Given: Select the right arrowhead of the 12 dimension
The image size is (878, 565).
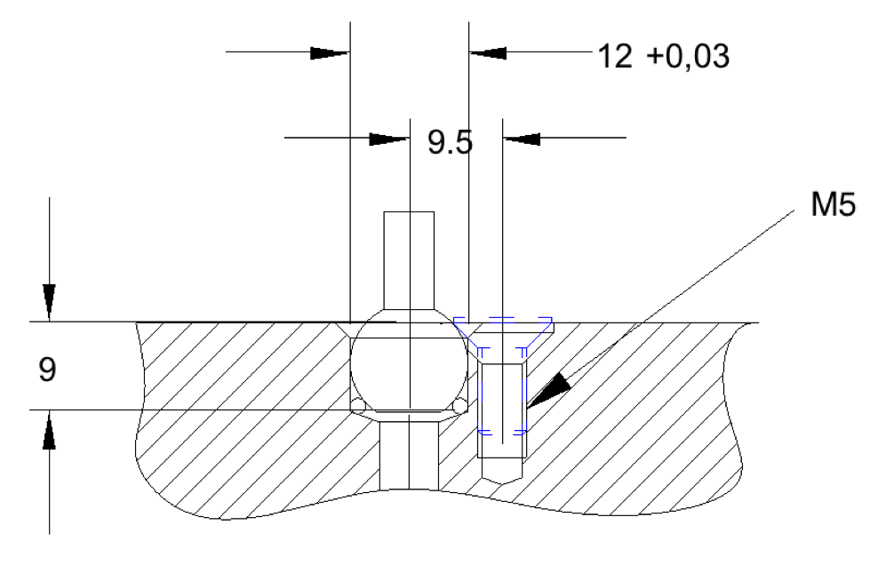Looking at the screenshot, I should point(488,52).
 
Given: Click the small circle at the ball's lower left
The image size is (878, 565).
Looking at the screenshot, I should point(358,406).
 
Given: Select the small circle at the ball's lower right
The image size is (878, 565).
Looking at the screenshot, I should point(459,406).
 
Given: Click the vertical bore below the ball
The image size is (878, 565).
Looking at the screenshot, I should point(409,453).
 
